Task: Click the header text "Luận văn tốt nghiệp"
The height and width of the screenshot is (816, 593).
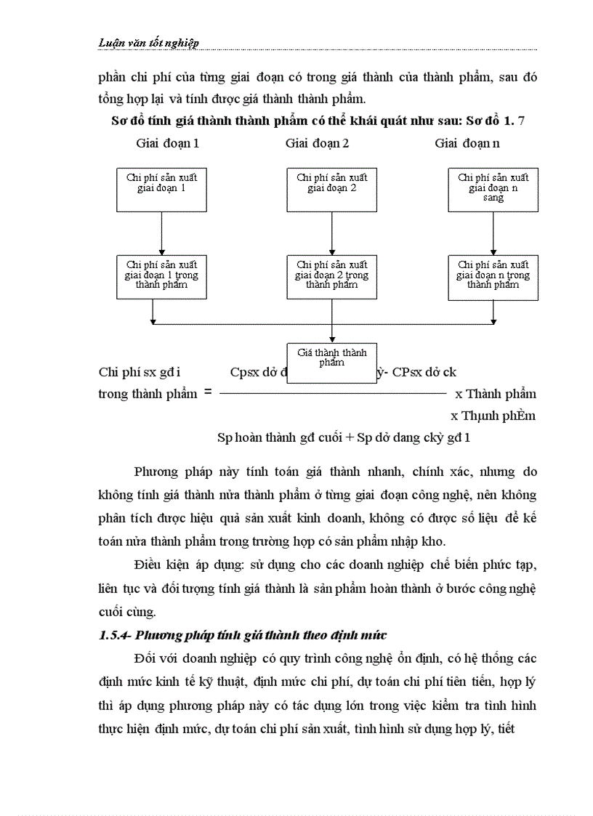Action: coord(148,43)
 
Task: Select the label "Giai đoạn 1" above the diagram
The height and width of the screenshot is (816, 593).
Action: coord(168,143)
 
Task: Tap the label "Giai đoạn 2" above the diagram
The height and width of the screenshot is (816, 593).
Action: coord(317,143)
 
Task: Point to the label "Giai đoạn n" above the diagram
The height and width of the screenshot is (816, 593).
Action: coord(467,143)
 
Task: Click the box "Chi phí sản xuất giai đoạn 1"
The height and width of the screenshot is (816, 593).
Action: coord(161,190)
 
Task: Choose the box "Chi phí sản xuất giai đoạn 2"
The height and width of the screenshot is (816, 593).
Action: coord(332,190)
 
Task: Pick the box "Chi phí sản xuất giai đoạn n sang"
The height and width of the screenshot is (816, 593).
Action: coord(493,190)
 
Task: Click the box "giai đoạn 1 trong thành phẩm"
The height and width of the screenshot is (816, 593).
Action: coord(161,276)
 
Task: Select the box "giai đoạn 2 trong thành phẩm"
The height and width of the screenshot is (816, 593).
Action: coord(332,276)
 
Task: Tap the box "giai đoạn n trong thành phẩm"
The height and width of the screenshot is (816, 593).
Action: coord(493,276)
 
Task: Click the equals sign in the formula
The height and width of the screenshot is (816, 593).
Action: coord(208,392)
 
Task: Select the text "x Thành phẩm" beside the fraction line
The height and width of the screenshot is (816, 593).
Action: coord(496,394)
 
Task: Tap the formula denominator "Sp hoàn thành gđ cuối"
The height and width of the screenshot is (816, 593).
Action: coord(280,437)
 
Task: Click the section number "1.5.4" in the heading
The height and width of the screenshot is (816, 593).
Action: coord(113,636)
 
